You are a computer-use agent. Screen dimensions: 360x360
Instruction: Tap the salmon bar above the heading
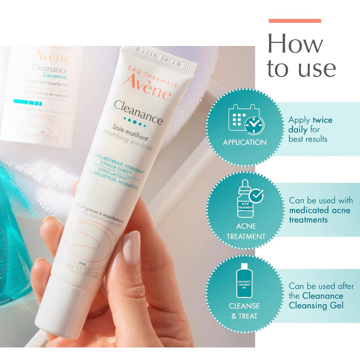(295, 21)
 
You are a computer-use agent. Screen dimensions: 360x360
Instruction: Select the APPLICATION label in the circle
(245, 142)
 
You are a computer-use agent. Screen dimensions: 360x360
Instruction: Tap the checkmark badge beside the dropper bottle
(257, 195)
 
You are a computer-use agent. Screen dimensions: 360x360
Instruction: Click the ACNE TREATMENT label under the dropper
(246, 231)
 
